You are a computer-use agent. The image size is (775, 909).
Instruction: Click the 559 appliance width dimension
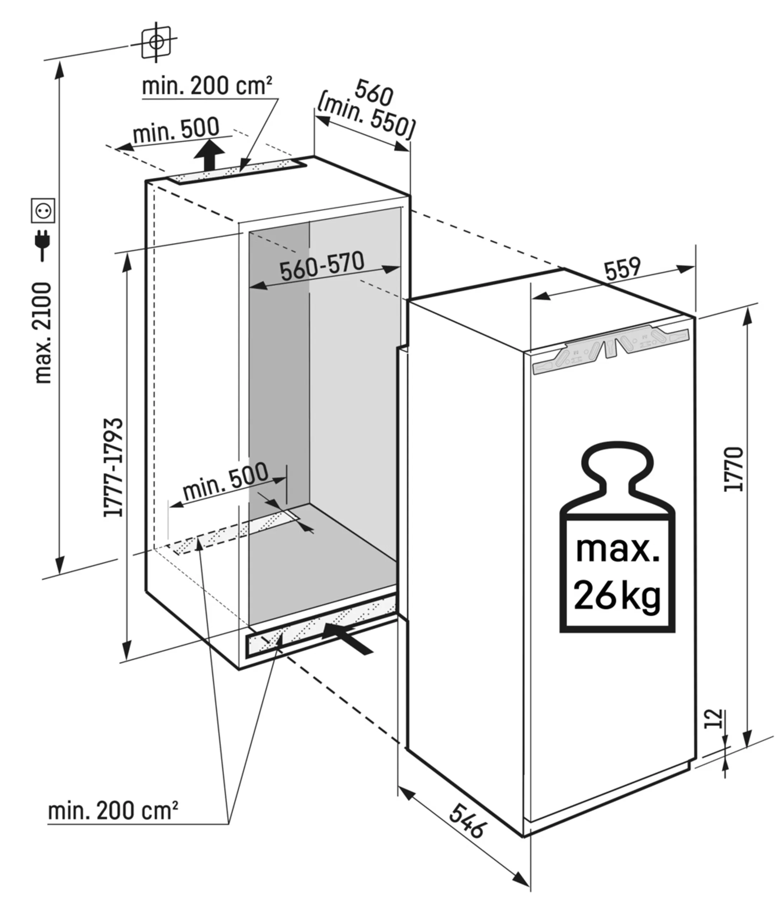[622, 269]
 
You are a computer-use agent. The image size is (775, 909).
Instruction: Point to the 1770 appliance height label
[734, 469]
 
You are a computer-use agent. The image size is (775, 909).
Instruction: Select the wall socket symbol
[43, 211]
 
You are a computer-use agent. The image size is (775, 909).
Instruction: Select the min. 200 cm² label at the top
[207, 86]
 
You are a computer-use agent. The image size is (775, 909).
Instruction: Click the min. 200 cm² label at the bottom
[113, 811]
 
